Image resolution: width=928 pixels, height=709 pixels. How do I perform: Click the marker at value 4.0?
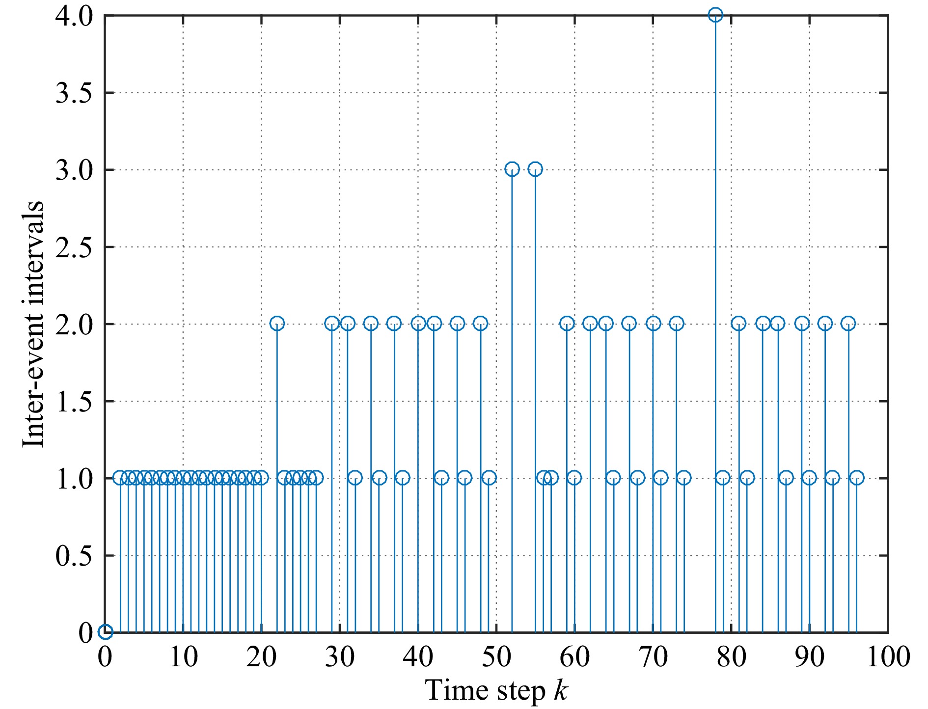715,15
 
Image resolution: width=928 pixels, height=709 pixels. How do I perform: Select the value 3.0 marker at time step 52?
512,169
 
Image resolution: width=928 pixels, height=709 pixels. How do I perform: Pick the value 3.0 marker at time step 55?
535,169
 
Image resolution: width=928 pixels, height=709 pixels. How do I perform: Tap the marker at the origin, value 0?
105,632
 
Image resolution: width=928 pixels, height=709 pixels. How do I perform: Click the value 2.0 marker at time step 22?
277,324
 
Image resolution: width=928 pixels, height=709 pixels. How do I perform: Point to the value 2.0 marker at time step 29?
332,324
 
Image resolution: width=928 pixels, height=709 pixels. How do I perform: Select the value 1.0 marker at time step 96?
857,477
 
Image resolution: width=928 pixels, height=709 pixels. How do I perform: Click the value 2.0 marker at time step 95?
848,324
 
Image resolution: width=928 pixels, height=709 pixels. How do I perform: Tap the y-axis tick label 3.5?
74,93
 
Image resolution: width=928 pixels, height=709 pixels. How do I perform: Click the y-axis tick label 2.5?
74,247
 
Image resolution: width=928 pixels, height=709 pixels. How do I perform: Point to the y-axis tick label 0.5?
74,555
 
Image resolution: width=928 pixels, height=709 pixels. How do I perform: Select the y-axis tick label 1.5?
74,401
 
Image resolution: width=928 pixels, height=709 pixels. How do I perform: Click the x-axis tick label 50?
496,657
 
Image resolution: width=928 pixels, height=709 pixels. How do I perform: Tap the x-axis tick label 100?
888,657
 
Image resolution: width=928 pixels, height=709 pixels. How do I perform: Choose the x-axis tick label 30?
340,657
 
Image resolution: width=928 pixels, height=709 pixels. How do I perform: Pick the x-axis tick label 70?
653,657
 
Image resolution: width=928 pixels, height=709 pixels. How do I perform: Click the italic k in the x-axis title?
561,690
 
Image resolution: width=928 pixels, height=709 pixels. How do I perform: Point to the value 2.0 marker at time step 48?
480,324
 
